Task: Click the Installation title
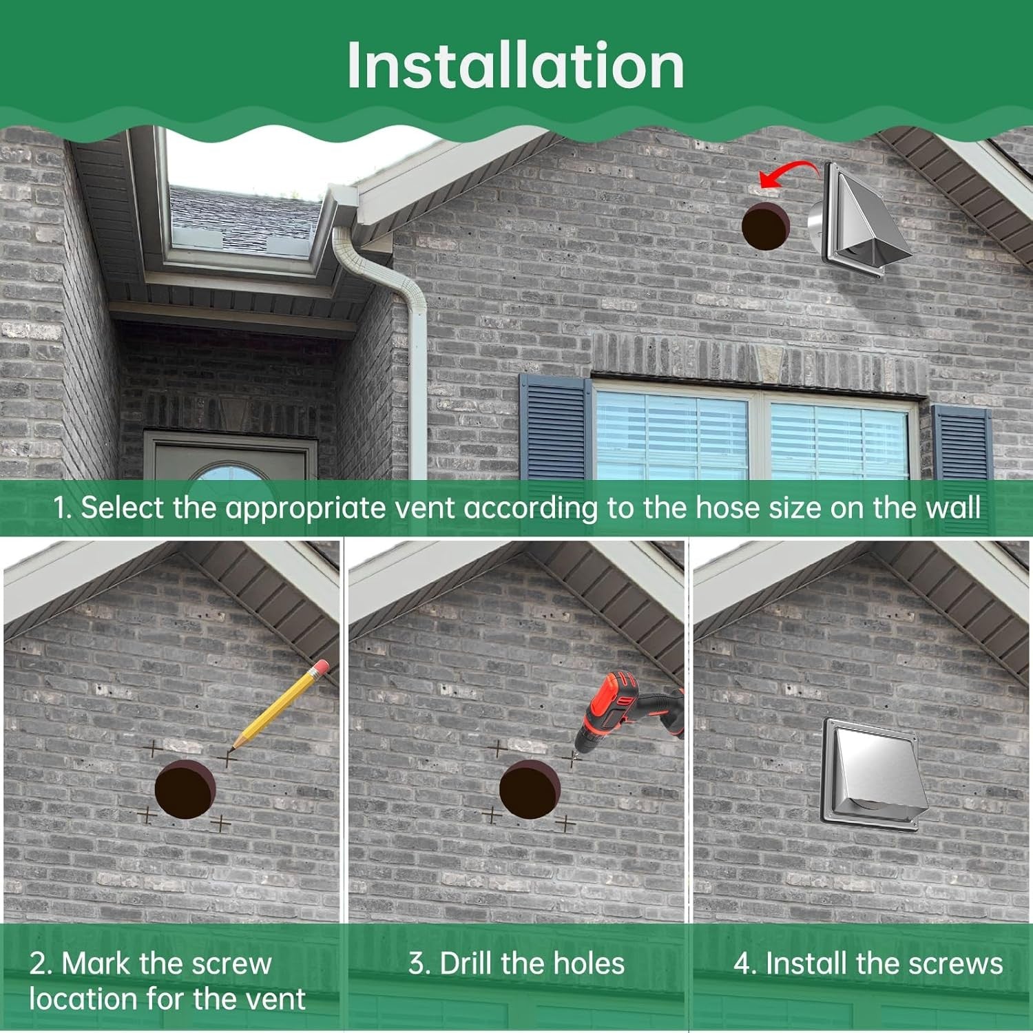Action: (x=516, y=65)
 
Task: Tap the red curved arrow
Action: (x=785, y=170)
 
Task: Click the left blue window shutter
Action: (x=555, y=427)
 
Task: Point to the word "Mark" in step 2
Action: (x=96, y=963)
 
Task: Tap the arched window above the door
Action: (x=227, y=471)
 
